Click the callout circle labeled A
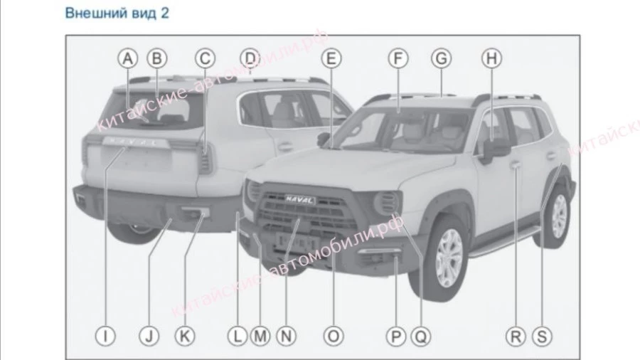(x=127, y=58)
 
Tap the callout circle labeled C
(x=204, y=58)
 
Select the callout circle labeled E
(x=331, y=58)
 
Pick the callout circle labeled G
(x=442, y=58)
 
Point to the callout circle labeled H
(x=490, y=58)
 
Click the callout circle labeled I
(x=105, y=334)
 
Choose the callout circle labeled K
(x=183, y=334)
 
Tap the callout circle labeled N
(x=285, y=334)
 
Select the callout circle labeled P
(x=395, y=334)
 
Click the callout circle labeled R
(x=514, y=334)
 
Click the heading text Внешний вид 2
(x=117, y=13)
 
